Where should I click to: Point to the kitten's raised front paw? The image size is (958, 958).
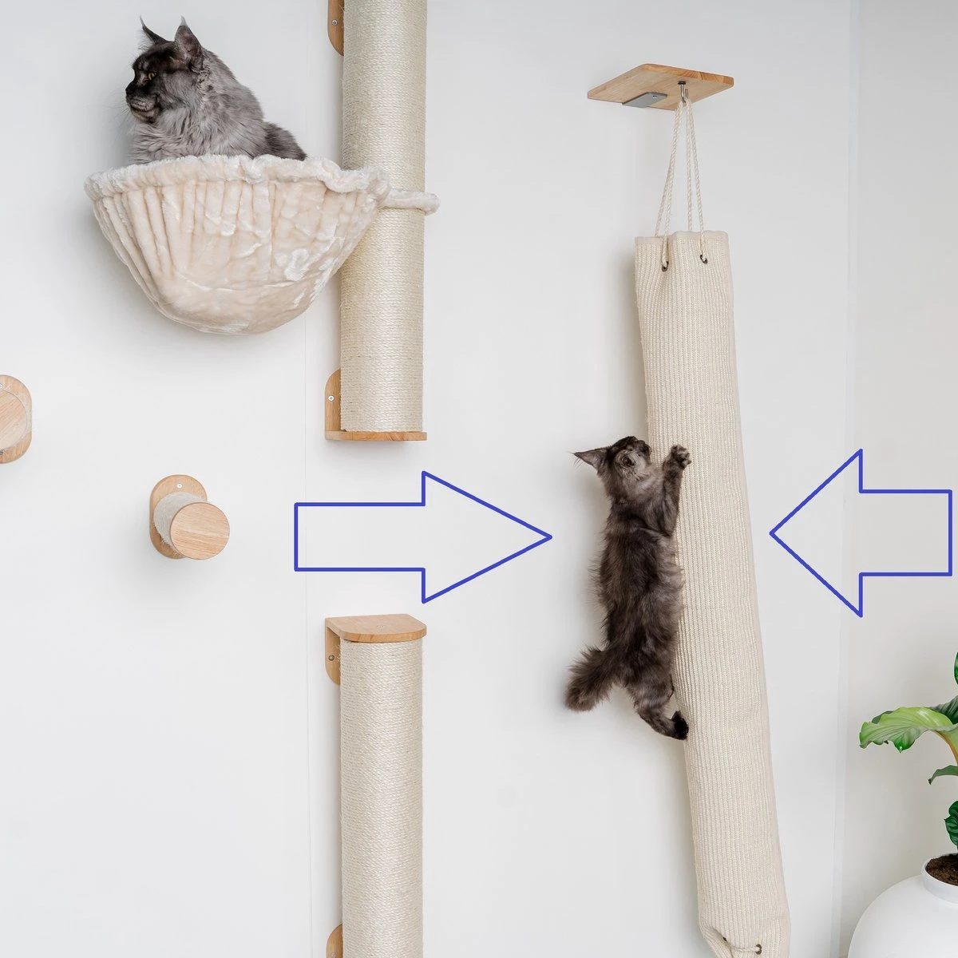(679, 457)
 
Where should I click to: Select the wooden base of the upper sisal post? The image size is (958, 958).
(375, 435)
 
